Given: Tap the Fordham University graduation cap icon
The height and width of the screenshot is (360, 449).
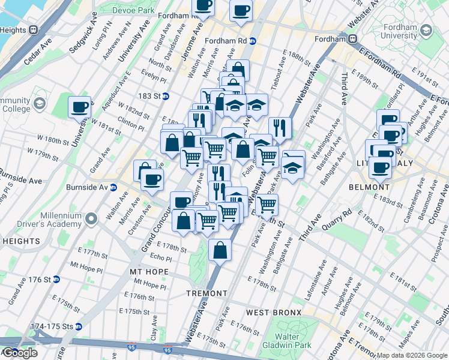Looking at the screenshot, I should point(427,31).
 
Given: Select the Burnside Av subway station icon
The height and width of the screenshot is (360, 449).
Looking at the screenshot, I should point(113,187).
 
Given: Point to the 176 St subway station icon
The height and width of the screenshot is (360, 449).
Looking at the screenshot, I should point(56,280).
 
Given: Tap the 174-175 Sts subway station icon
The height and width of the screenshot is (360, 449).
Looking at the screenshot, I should point(78,327).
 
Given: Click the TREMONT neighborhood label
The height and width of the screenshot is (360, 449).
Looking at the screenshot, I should point(206,293).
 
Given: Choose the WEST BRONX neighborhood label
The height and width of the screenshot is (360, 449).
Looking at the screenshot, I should point(270,313).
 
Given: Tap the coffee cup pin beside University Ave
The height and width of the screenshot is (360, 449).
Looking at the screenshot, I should point(79,108).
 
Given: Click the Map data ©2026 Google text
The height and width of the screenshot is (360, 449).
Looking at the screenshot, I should point(412,355).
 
